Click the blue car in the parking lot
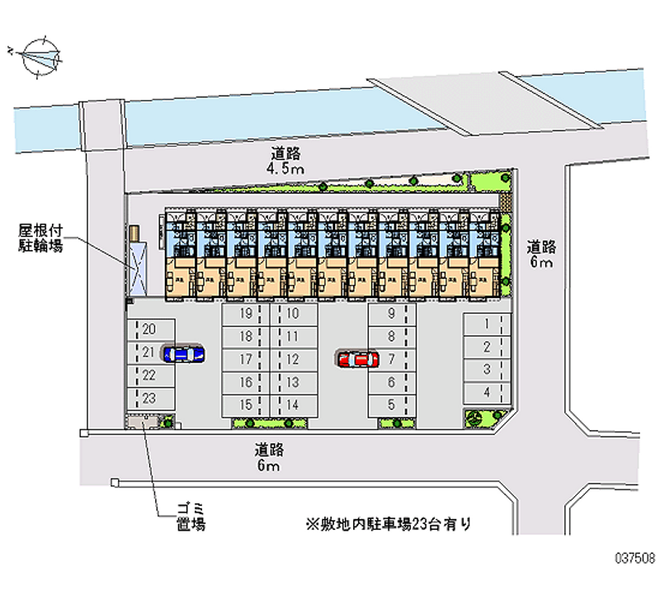[183, 354]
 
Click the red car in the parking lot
[358, 359]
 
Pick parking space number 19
[245, 314]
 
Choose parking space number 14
[292, 405]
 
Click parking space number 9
[392, 314]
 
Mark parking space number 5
[392, 405]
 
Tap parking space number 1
[488, 324]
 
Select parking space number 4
[488, 392]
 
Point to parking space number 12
[292, 360]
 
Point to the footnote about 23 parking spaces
[389, 523]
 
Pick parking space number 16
[245, 383]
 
